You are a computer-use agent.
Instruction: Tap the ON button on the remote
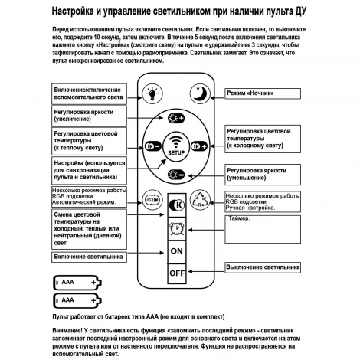coord(177,250)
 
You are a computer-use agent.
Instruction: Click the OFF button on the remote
coord(177,272)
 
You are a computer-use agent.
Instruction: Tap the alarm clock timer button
coord(177,227)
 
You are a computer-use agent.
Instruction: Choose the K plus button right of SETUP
coord(201,146)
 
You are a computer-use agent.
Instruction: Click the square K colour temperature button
coord(177,205)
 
